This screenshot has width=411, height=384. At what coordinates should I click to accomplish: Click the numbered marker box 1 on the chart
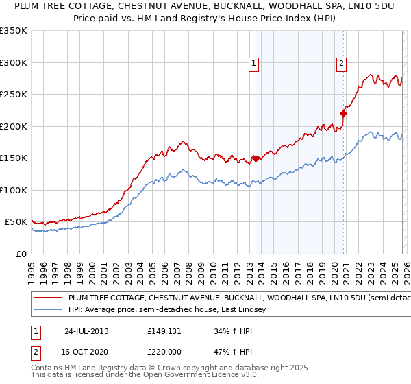click(254, 64)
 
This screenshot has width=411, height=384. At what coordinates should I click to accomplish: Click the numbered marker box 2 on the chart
click(341, 64)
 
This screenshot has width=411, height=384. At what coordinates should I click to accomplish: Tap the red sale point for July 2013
click(256, 158)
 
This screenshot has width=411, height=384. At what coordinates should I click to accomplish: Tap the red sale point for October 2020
click(343, 114)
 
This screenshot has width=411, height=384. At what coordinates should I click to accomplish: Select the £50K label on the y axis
click(16, 222)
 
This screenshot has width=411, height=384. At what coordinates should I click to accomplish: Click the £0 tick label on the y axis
click(22, 254)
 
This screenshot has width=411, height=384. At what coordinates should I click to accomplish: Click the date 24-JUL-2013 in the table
click(86, 331)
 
